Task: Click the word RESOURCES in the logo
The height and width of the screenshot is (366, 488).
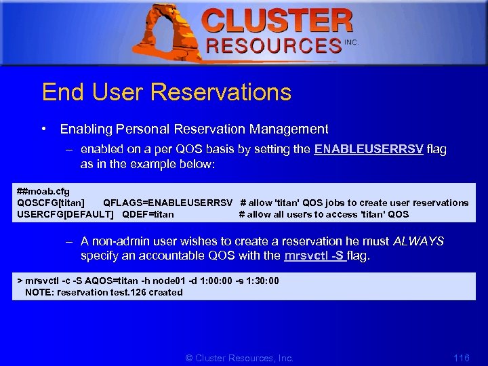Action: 273,46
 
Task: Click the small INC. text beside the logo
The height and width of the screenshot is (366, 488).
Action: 351,42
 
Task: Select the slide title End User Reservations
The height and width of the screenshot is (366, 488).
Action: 166,92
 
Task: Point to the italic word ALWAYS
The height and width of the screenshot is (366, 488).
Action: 418,241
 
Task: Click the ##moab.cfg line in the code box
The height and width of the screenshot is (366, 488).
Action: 43,192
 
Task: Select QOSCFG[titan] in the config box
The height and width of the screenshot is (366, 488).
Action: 51,203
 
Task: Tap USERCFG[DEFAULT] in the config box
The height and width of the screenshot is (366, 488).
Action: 65,214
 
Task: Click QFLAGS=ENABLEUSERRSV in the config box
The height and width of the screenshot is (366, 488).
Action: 167,203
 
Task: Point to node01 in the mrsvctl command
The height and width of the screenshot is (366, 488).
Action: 155,281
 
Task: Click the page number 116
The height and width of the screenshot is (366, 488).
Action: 461,357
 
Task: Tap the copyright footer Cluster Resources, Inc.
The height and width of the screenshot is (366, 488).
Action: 239,357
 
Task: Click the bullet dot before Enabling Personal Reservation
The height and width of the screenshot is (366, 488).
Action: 43,129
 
